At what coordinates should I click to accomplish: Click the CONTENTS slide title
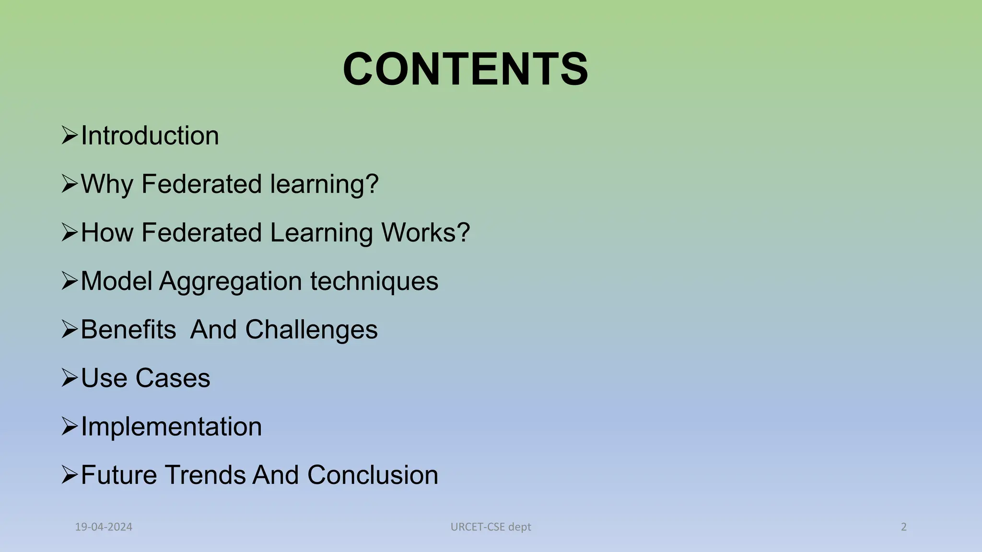[x=465, y=69]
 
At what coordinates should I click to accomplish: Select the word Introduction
[x=150, y=136]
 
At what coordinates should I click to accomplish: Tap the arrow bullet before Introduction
[x=70, y=136]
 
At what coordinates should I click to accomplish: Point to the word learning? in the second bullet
[x=324, y=184]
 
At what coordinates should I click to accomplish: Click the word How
[x=107, y=233]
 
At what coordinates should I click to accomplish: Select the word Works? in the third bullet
[x=425, y=233]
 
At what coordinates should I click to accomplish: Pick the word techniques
[x=374, y=281]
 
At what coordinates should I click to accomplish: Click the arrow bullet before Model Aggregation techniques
[x=70, y=281]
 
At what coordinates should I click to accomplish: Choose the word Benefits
[x=129, y=330]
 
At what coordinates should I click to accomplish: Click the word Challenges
[x=311, y=330]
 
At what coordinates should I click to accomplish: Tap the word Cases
[x=173, y=378]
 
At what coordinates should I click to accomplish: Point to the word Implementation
[x=171, y=426]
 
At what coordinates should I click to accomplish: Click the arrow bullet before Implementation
[x=70, y=426]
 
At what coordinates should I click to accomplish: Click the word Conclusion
[x=373, y=475]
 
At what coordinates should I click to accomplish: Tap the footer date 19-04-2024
[x=104, y=527]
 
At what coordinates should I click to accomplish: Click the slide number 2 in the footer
[x=904, y=527]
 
